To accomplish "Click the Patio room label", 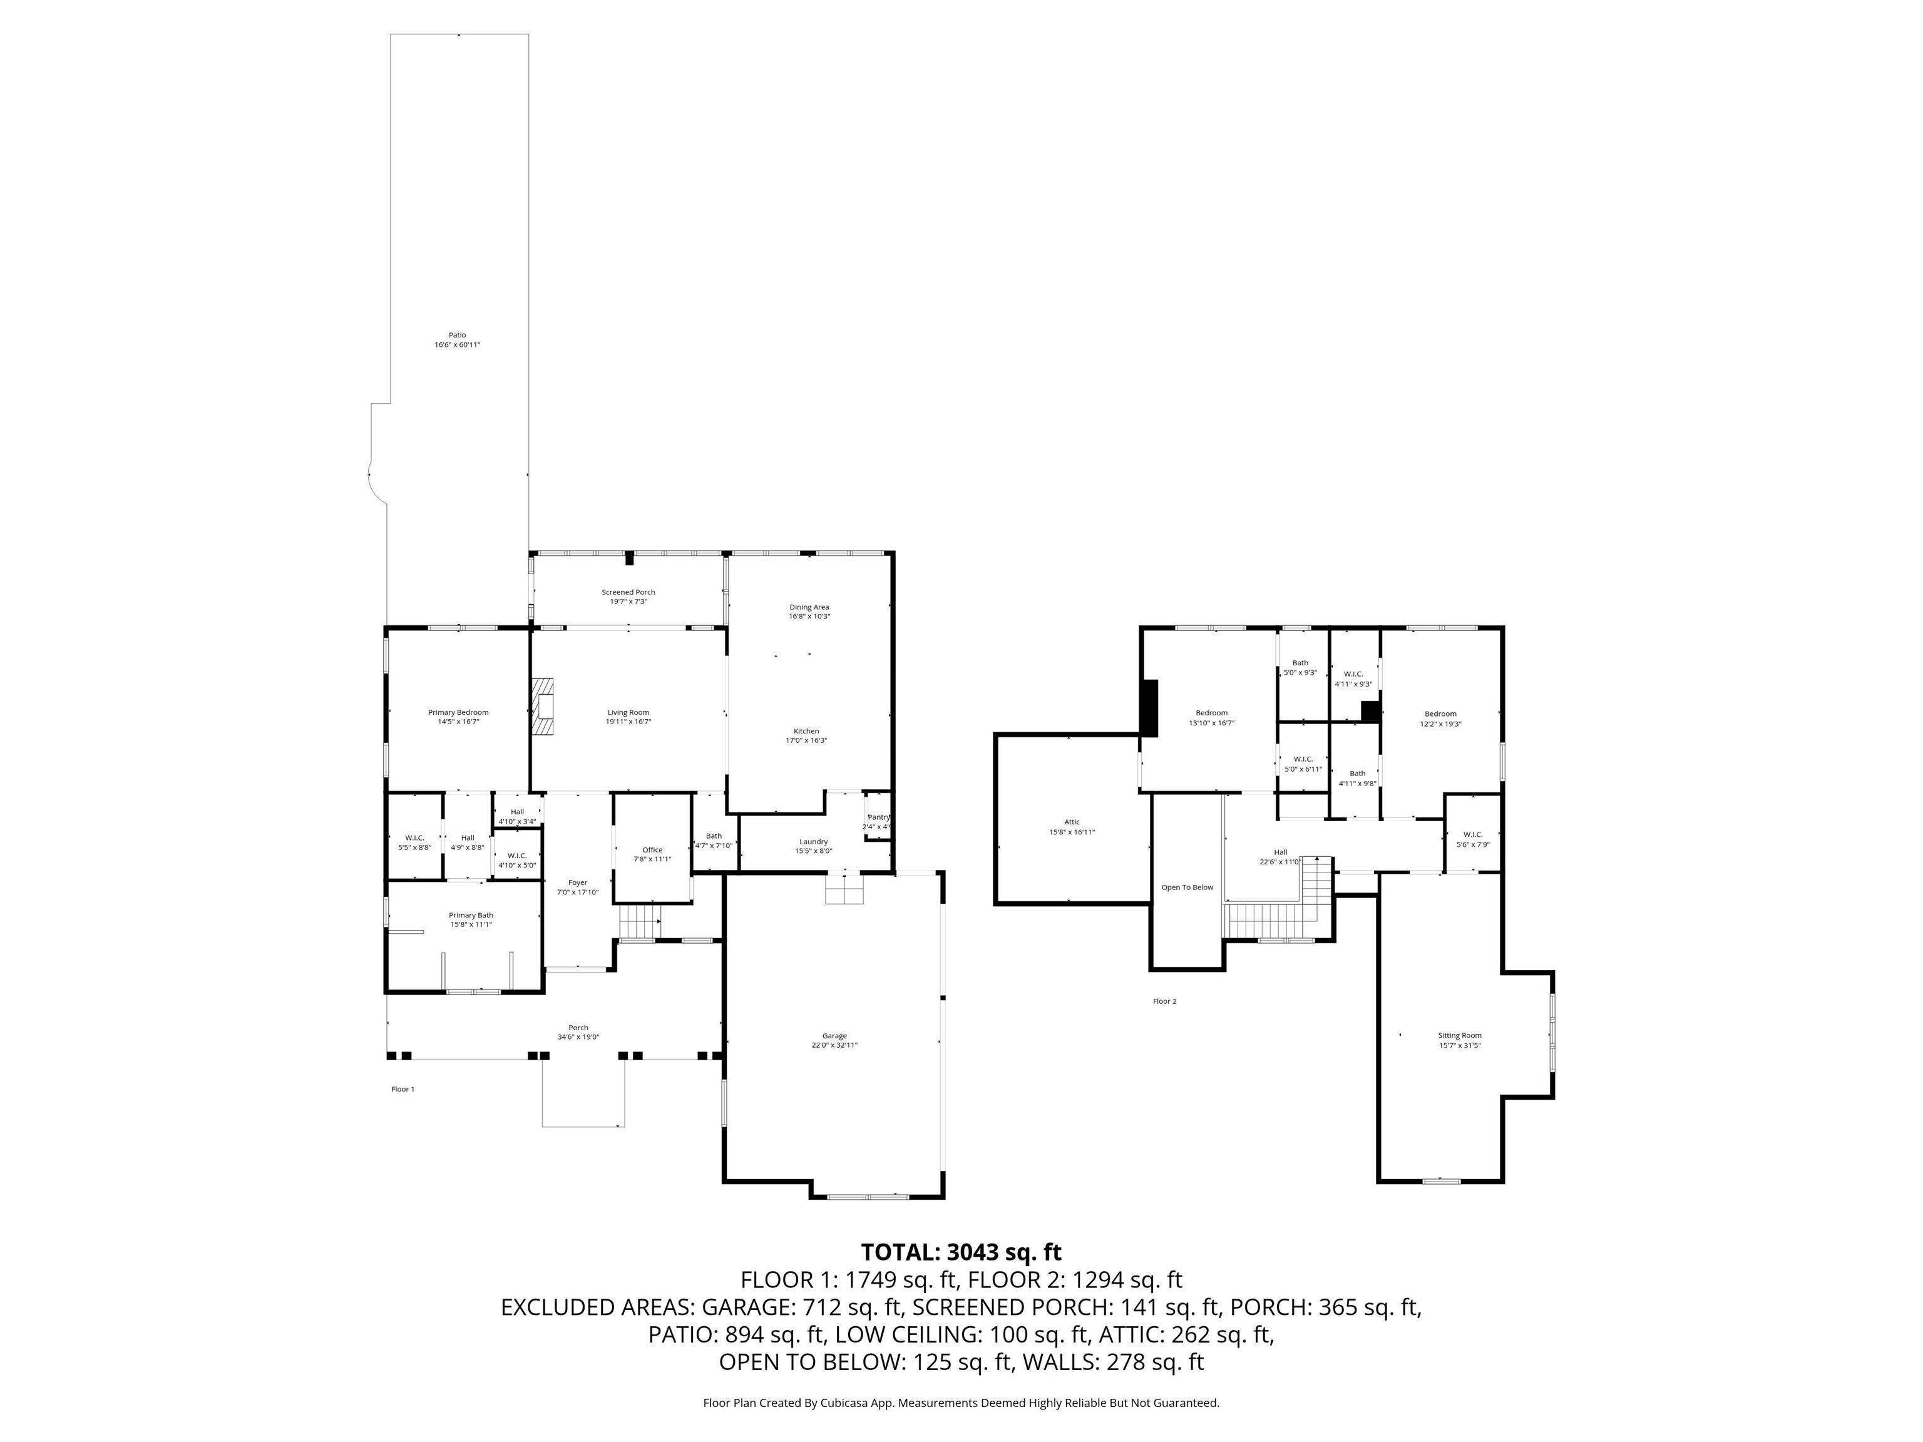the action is [458, 335].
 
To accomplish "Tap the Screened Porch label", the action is [628, 592].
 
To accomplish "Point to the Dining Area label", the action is [809, 606].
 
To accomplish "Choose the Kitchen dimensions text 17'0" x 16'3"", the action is [807, 740].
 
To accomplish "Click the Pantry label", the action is [879, 817].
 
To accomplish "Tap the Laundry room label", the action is [814, 841].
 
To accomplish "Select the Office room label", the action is [652, 850].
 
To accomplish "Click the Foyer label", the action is [578, 882].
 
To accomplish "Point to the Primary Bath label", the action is [471, 915].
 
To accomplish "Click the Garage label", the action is [834, 1036].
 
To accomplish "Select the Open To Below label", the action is [1187, 887].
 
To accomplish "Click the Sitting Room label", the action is [1460, 1035].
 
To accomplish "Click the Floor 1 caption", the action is [403, 1089].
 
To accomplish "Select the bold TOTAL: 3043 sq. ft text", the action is [961, 1252].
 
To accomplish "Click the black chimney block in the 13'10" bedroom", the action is [1150, 707].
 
